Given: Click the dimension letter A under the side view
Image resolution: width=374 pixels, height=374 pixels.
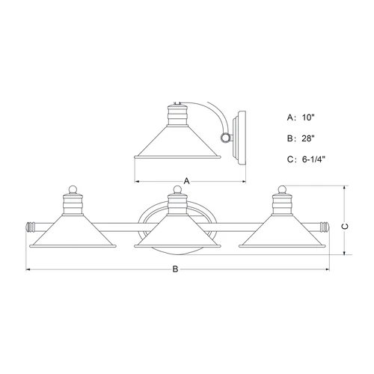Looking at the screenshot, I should tap(186, 180).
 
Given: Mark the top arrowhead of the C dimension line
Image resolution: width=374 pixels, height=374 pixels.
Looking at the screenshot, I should tap(346, 188).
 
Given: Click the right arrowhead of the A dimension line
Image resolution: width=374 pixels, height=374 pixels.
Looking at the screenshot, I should tap(244, 181).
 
